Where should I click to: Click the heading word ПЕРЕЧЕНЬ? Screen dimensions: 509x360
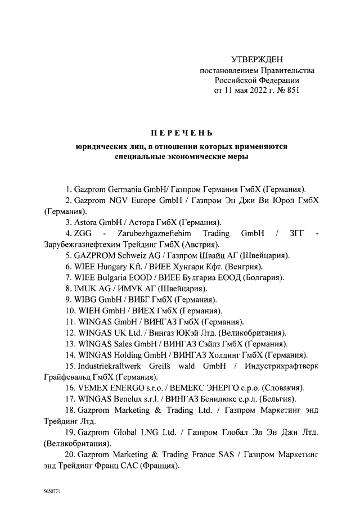(181, 133)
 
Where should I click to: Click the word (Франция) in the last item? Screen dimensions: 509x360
(159, 466)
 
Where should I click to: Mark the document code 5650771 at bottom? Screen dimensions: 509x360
(51, 491)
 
